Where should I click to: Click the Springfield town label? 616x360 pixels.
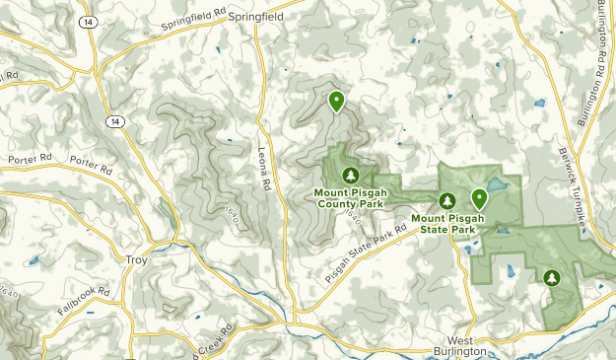[x=255, y=17]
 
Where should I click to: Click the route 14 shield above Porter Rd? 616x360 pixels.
[x=115, y=120]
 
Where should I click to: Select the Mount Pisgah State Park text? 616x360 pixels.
[x=445, y=224]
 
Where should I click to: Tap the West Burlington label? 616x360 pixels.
[x=460, y=346]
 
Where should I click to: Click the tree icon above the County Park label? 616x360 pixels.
[x=347, y=175]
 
